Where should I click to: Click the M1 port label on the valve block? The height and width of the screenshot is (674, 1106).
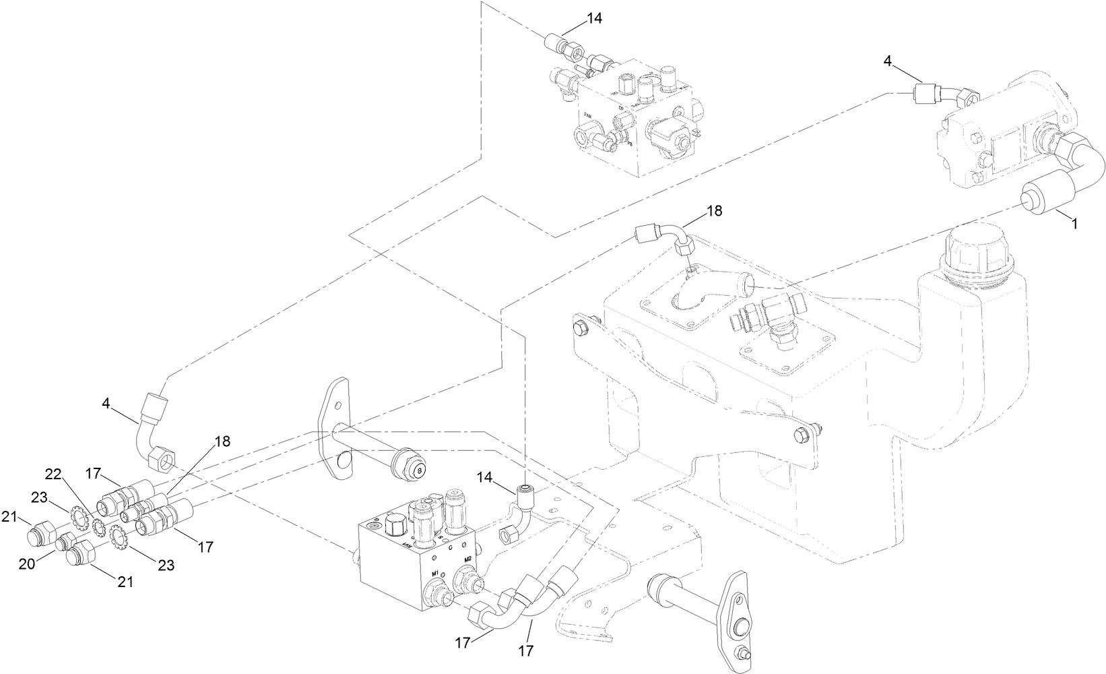[436, 574]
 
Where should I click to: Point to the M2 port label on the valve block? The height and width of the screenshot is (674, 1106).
[467, 560]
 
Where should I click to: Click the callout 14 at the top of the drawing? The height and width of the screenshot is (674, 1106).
[593, 19]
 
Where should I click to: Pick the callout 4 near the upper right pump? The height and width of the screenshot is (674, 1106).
[887, 61]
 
